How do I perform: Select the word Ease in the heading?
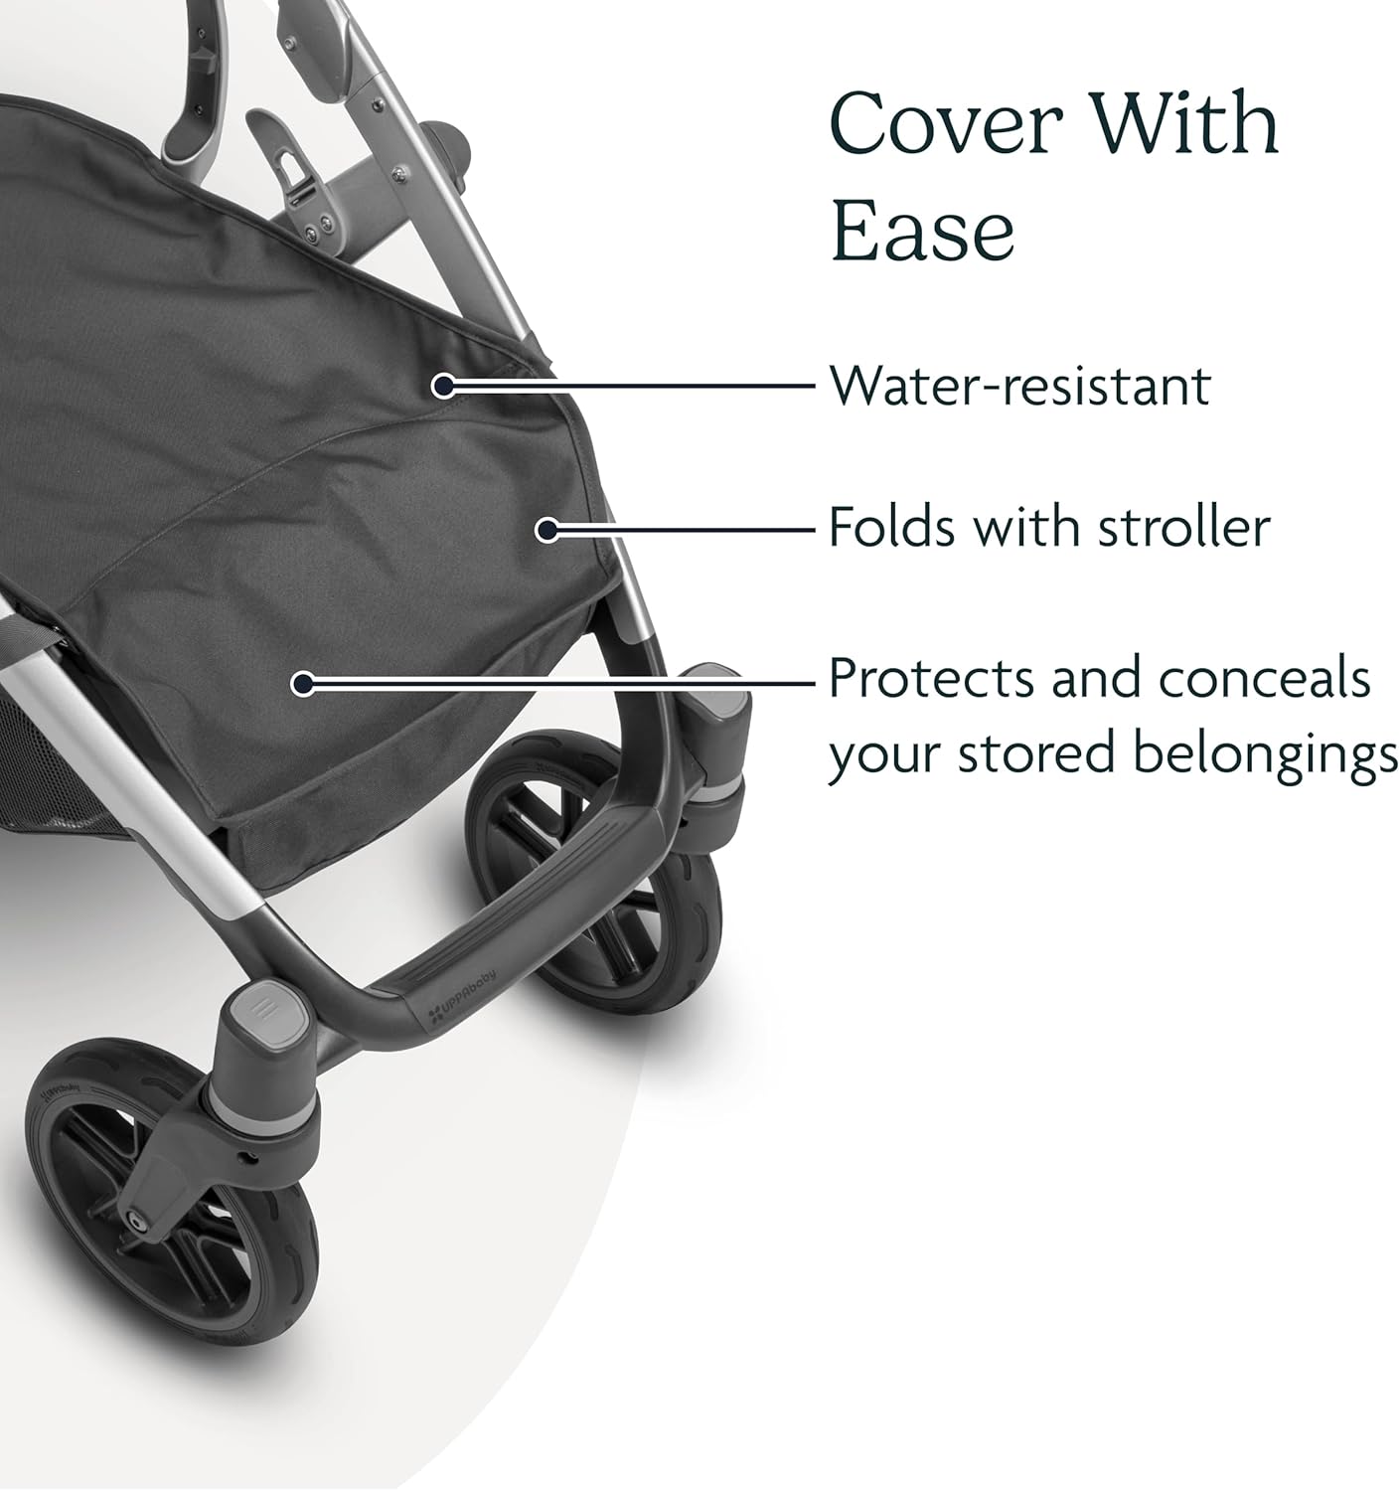(x=923, y=229)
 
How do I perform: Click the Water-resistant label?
(x=1020, y=385)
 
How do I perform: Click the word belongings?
(x=1266, y=756)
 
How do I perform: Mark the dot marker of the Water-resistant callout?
(x=443, y=386)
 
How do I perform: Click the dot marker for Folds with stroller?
(x=548, y=530)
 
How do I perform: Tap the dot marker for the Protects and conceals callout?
(x=302, y=683)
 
